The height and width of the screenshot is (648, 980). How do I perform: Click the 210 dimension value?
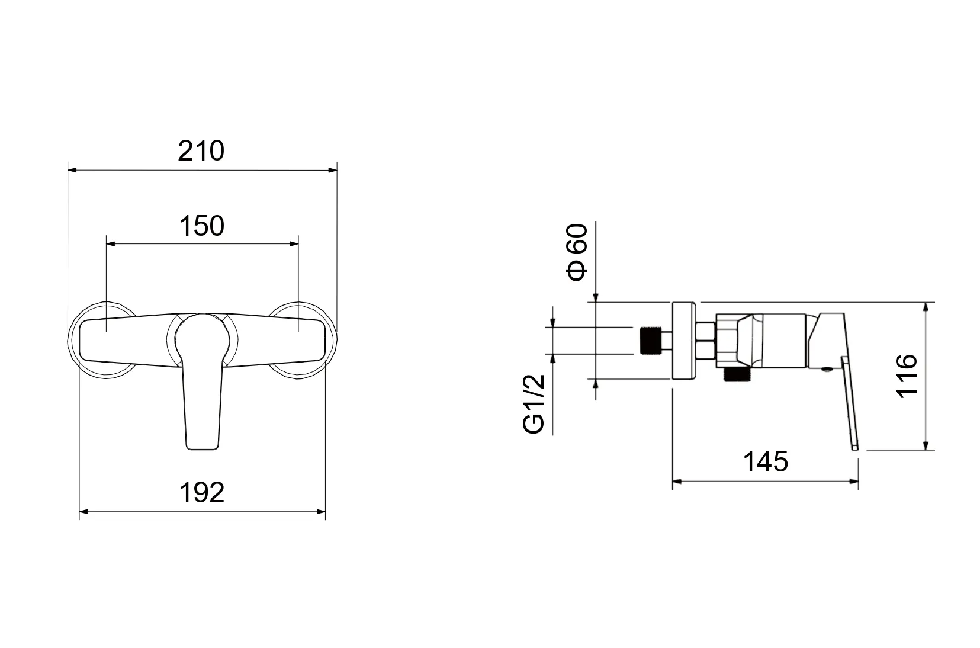[201, 151]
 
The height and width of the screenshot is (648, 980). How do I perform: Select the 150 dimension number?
[202, 226]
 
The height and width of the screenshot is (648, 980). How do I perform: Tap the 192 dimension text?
[202, 493]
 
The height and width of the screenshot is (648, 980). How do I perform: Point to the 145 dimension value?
[766, 461]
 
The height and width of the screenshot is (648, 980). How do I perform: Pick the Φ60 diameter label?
[577, 252]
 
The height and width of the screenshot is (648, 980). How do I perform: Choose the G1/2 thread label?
[534, 405]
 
